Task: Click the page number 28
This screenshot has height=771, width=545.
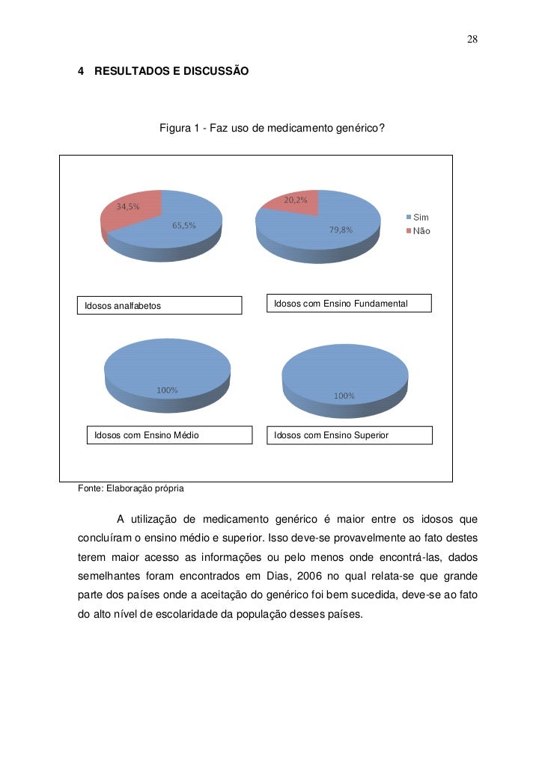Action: coord(472,39)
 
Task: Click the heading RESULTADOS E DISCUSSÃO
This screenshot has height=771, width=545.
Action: coord(171,72)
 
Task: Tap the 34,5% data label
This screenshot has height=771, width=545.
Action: coord(127,207)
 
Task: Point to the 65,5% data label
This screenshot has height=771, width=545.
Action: coord(184,226)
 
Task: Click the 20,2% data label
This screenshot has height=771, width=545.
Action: coord(296,200)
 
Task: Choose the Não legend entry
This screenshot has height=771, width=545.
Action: coord(421,232)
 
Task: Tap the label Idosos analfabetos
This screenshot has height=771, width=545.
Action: coord(123,306)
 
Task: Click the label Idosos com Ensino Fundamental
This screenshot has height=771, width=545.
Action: coord(341,304)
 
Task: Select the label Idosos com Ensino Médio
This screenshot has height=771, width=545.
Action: coord(146,434)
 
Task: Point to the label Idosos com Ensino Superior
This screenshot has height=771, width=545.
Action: coord(331,434)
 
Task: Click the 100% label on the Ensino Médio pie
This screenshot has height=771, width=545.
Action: coord(167,390)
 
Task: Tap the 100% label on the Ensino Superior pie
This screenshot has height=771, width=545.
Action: coord(344,396)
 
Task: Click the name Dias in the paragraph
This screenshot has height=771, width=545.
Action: coord(278,575)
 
